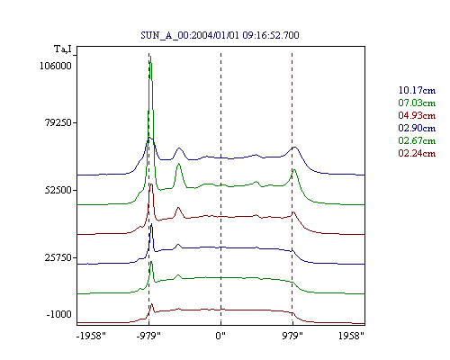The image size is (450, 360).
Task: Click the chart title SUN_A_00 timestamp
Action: pos(220,35)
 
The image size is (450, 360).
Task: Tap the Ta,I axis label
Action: pos(63,49)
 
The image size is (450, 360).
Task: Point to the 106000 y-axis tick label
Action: pos(56,66)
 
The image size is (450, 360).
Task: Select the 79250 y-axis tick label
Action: pos(56,122)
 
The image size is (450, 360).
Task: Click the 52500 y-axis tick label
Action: pos(58,190)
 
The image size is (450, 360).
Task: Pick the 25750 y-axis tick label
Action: pos(58,257)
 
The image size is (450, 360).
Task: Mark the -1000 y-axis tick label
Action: pos(59,314)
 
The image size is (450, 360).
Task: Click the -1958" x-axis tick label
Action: pos(91,336)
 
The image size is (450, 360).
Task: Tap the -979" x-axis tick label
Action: pos(148,336)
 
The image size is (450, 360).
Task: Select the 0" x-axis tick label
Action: pos(220,336)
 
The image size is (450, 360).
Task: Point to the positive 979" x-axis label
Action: pos(292,336)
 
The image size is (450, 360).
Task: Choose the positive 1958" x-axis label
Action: pos(351,336)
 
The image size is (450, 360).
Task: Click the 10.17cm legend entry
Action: pos(417,90)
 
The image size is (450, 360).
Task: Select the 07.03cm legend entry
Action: pos(417,103)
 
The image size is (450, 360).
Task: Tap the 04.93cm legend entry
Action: pos(417,115)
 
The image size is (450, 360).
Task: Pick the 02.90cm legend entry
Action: pos(417,128)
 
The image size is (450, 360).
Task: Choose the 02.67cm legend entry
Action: pos(417,140)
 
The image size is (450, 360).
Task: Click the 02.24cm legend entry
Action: pos(417,153)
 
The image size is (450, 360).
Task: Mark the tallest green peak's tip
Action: pos(150,56)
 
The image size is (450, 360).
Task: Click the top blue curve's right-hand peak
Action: pos(294,147)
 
